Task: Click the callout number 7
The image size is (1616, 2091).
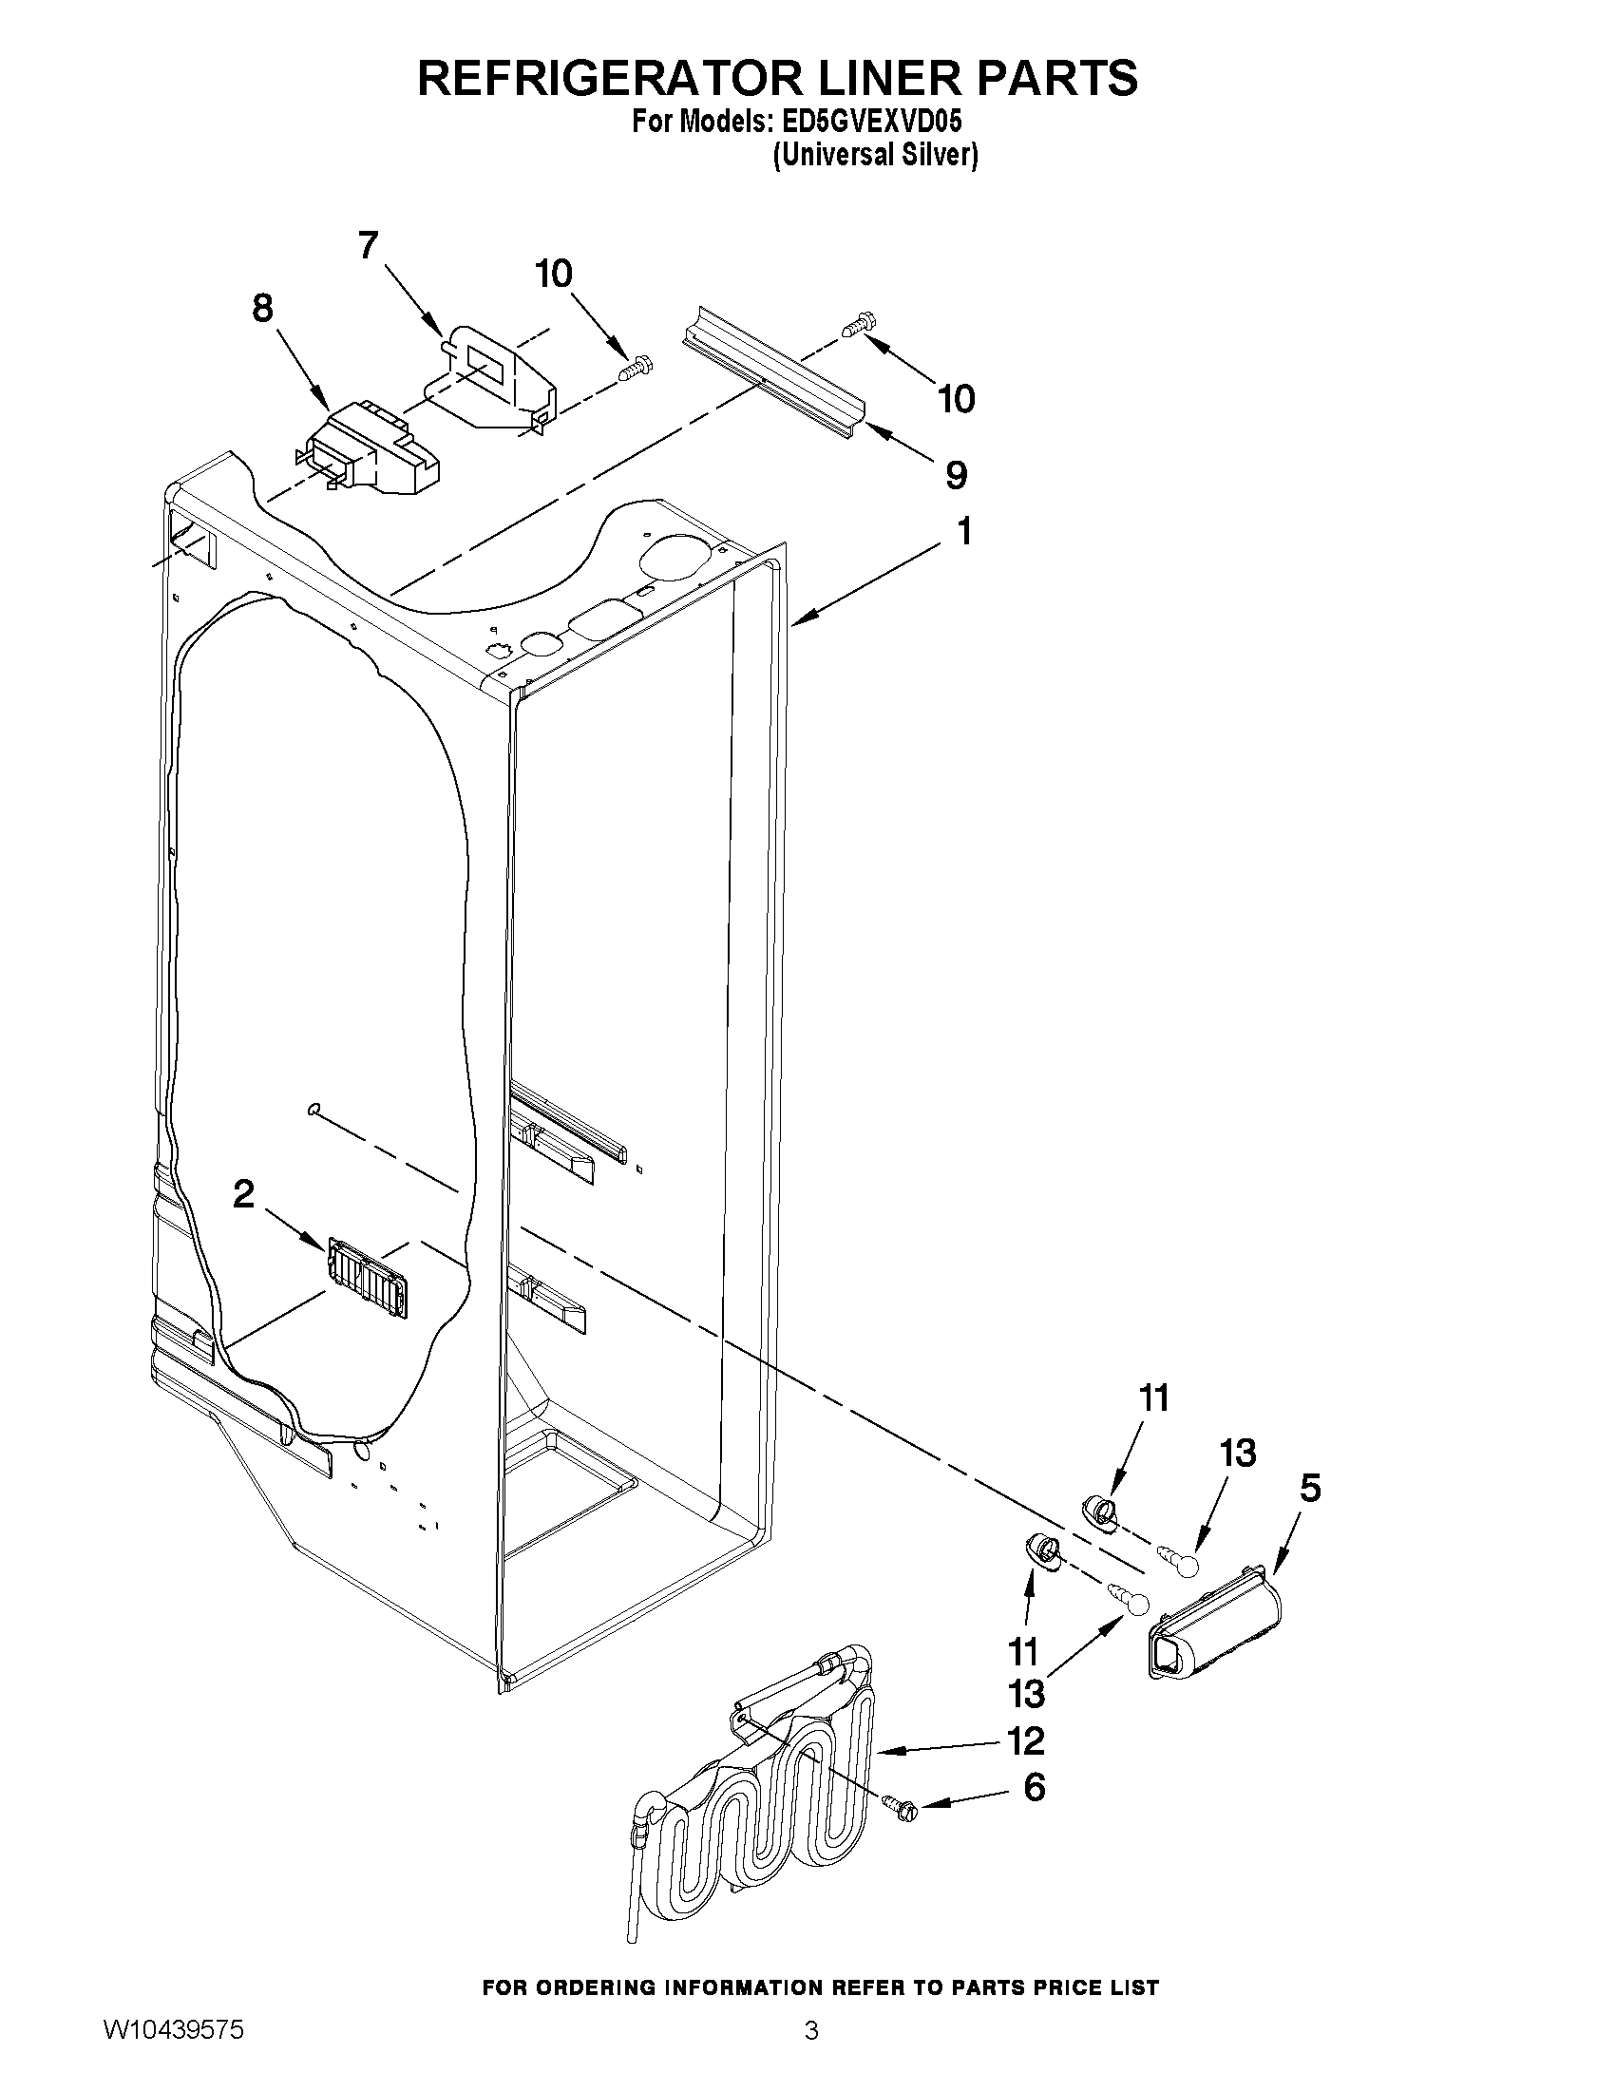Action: tap(369, 246)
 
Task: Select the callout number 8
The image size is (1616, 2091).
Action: tap(261, 310)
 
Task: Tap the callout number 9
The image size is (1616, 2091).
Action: tap(956, 475)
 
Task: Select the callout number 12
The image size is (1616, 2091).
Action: tap(1025, 1741)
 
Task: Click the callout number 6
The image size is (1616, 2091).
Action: tap(1034, 1788)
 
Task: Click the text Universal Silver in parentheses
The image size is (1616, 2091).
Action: tap(875, 155)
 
